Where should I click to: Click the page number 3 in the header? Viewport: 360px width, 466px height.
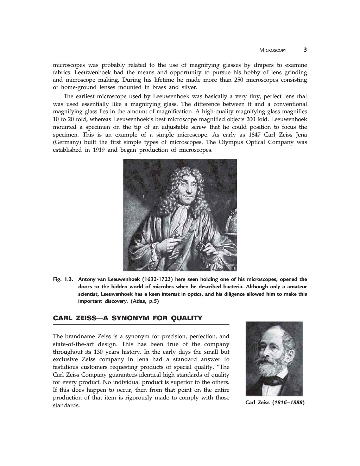coord(305,50)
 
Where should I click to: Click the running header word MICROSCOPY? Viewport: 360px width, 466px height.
coord(273,50)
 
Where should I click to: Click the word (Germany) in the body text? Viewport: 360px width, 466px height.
coord(67,142)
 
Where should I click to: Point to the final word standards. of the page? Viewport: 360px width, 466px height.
coord(66,405)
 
